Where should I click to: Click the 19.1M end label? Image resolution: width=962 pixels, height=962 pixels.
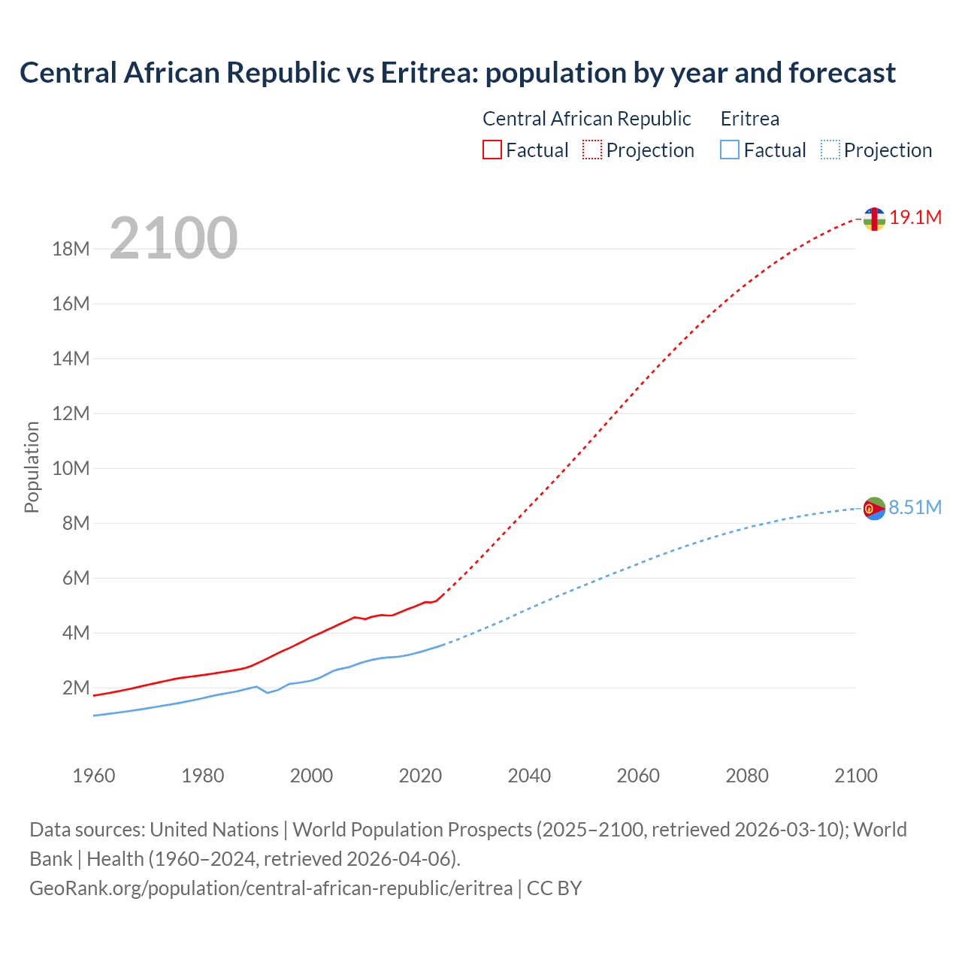tap(915, 218)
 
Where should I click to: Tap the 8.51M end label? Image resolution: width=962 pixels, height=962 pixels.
tap(915, 508)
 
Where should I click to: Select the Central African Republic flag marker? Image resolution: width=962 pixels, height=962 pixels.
tap(874, 219)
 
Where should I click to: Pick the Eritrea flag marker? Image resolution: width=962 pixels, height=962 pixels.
tap(874, 509)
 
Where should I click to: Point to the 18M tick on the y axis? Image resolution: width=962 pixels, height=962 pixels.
tap(71, 250)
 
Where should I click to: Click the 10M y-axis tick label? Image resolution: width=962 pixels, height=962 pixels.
tap(71, 469)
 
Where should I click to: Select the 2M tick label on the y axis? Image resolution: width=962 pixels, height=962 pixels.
tap(76, 688)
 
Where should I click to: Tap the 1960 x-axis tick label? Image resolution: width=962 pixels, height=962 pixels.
tap(94, 776)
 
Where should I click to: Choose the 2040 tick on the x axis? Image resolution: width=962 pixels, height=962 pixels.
tap(529, 776)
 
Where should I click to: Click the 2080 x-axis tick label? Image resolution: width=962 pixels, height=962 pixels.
tap(747, 776)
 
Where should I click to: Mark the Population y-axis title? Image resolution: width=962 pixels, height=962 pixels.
tap(32, 467)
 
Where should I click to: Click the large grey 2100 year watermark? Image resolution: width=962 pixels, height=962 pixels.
tap(174, 238)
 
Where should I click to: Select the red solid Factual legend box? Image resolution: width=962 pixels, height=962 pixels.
tap(492, 150)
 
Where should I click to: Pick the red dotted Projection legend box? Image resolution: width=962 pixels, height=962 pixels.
tap(592, 150)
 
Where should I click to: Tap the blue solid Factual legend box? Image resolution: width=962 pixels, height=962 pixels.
tap(730, 150)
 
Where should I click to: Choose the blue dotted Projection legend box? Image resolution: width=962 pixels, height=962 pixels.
tap(830, 150)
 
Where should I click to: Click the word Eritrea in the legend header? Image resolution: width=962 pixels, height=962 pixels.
tap(749, 119)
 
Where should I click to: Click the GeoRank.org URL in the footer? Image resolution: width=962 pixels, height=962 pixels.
tap(271, 888)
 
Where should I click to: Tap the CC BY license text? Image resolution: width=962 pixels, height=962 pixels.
tap(554, 888)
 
